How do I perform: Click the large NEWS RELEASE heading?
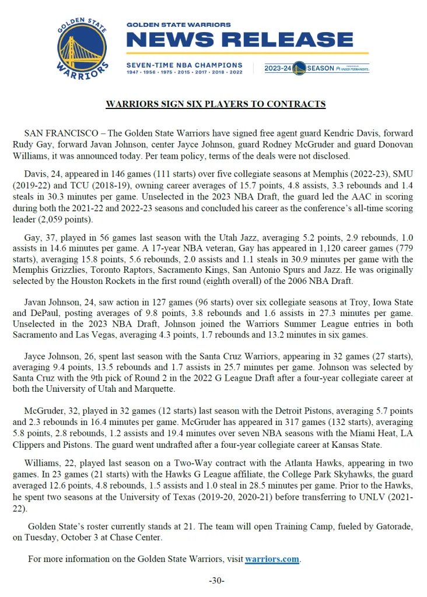[239, 40]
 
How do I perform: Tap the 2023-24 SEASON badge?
[316, 68]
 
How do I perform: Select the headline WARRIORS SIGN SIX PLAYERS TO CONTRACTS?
[215, 104]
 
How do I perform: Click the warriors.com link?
[272, 559]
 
